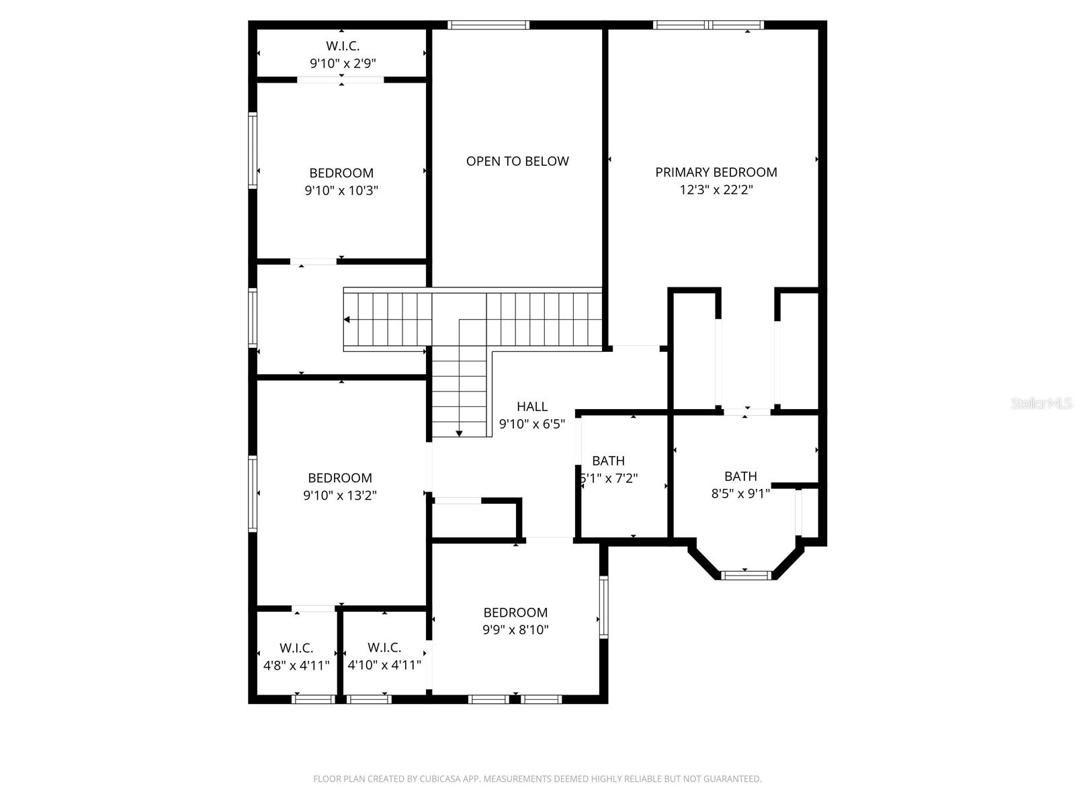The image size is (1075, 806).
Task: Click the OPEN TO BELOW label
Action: tap(517, 161)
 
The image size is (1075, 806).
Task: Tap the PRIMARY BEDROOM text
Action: tap(716, 173)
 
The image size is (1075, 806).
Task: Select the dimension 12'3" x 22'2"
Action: tap(716, 190)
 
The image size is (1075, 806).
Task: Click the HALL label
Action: tap(532, 406)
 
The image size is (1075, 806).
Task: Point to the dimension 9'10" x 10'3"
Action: tap(341, 191)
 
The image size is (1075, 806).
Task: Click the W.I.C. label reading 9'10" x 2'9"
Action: tap(343, 46)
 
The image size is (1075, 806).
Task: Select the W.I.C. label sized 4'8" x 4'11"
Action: tap(296, 648)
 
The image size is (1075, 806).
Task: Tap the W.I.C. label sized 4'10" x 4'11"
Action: tap(384, 647)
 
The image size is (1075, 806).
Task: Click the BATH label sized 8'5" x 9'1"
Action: tap(740, 476)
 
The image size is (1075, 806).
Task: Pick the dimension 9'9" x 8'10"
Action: tap(516, 630)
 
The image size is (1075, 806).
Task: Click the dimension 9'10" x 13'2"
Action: tap(340, 496)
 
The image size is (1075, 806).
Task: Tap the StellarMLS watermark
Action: tap(1042, 404)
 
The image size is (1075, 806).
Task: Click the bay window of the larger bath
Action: tap(746, 575)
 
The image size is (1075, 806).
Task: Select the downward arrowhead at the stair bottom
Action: tap(459, 434)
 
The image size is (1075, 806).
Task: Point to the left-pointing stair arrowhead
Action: tap(347, 320)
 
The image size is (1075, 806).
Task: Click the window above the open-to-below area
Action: tap(488, 26)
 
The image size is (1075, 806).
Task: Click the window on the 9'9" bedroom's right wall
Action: tap(603, 606)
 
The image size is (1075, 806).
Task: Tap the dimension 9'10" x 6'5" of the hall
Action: tap(532, 424)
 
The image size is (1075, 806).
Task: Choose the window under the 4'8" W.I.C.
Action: tap(314, 699)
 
